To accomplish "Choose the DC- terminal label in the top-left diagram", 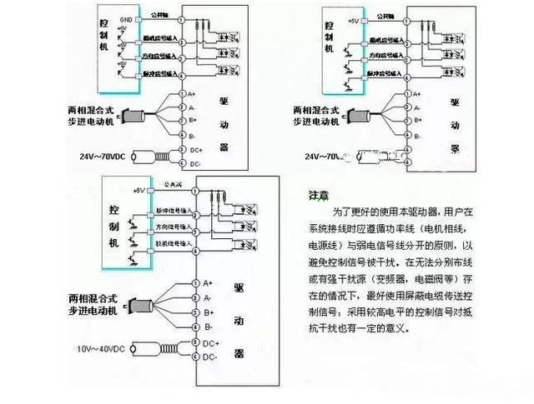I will (194, 164).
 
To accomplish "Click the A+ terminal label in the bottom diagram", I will (209, 283).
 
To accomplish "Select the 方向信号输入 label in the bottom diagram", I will (174, 225).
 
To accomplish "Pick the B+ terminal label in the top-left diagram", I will (193, 121).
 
